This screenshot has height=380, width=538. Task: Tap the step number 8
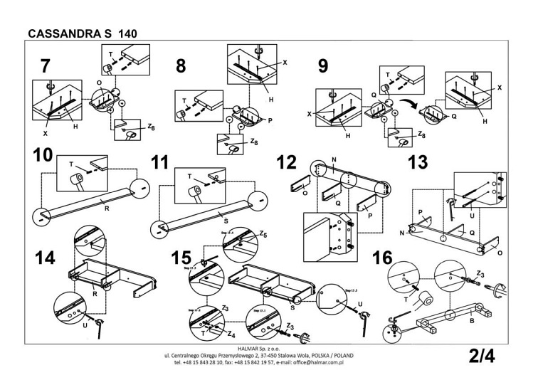(181, 67)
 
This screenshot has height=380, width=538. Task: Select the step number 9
(323, 67)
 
